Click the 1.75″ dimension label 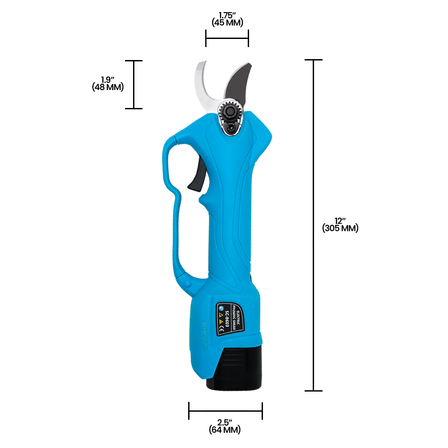pyautogui.click(x=227, y=16)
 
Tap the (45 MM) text pyautogui.click(x=227, y=23)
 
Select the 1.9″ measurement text pyautogui.click(x=108, y=80)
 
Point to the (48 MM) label pyautogui.click(x=108, y=87)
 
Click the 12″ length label pyautogui.click(x=340, y=221)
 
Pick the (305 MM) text pyautogui.click(x=340, y=228)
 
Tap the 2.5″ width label pyautogui.click(x=224, y=422)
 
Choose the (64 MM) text pyautogui.click(x=224, y=430)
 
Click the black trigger pyautogui.click(x=196, y=179)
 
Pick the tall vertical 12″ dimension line pyautogui.click(x=313, y=224)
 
